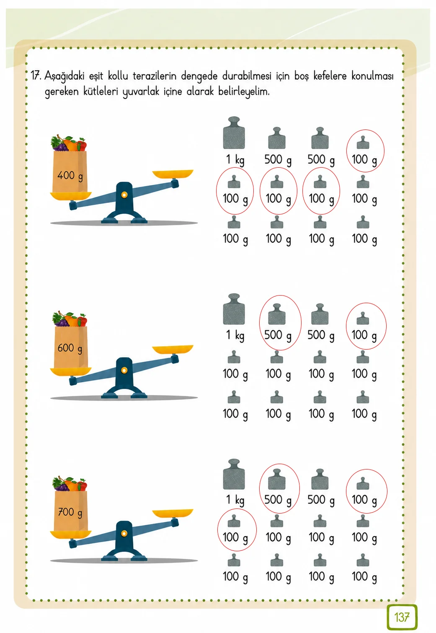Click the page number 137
pos(402,617)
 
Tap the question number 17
pos(36,76)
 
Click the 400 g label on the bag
pos(70,176)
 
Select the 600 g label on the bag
pos(70,348)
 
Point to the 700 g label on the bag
pos(70,512)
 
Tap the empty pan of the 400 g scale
pos(173,174)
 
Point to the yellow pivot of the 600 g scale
pos(124,370)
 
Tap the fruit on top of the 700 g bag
pos(70,484)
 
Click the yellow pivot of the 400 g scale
pos(124,195)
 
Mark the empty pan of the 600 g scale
pos(173,349)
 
